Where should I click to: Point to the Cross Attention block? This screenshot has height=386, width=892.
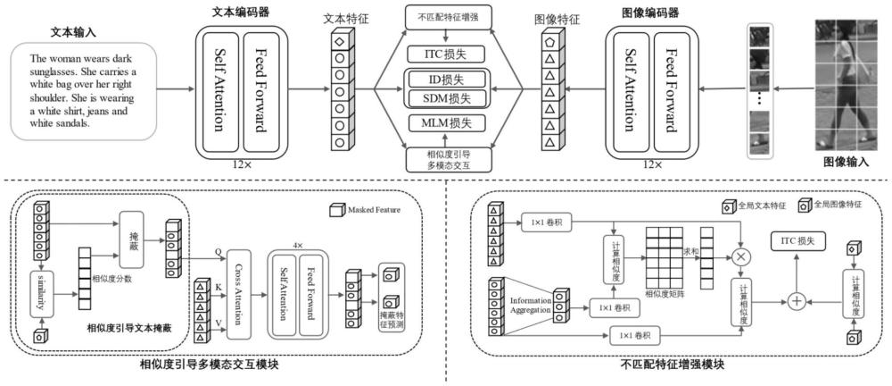point(236,280)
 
